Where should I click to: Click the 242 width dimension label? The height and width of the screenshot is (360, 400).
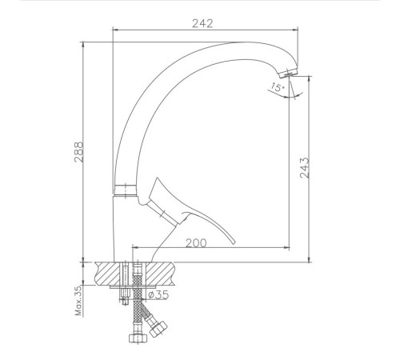click(x=202, y=23)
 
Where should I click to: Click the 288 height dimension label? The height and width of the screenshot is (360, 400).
click(x=79, y=152)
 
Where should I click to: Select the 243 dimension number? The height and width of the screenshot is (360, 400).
click(x=304, y=168)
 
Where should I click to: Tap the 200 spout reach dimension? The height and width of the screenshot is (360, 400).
click(x=196, y=243)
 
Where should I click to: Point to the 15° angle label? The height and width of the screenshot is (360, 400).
click(x=278, y=87)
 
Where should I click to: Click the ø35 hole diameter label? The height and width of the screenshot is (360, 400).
click(x=159, y=294)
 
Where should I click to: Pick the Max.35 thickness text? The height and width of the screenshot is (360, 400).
click(x=78, y=301)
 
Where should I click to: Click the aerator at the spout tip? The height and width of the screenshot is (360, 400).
click(x=289, y=72)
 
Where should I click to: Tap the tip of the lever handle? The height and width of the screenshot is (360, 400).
click(x=234, y=242)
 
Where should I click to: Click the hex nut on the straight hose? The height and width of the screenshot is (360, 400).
click(x=138, y=338)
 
